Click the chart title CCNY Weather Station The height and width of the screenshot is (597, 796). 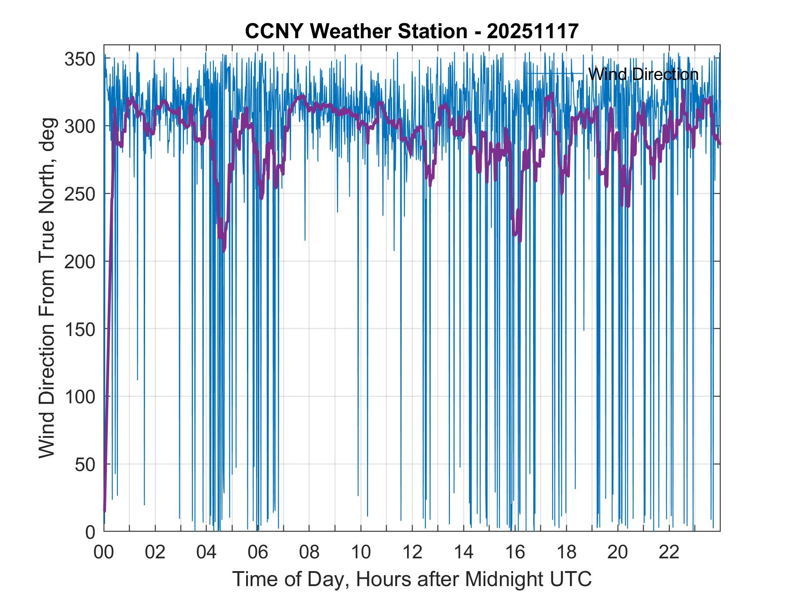pos(412,31)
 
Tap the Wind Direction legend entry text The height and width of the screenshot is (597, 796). pos(643,74)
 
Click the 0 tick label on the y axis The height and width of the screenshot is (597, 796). pos(90,532)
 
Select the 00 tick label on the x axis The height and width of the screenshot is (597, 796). pos(104,552)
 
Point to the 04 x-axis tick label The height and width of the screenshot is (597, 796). pos(207,552)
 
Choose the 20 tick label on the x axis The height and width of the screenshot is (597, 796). pos(618,552)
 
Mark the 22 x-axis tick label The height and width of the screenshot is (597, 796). pos(669,552)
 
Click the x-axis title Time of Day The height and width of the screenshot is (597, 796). pos(412,579)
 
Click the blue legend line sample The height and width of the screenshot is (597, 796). pos(555,74)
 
